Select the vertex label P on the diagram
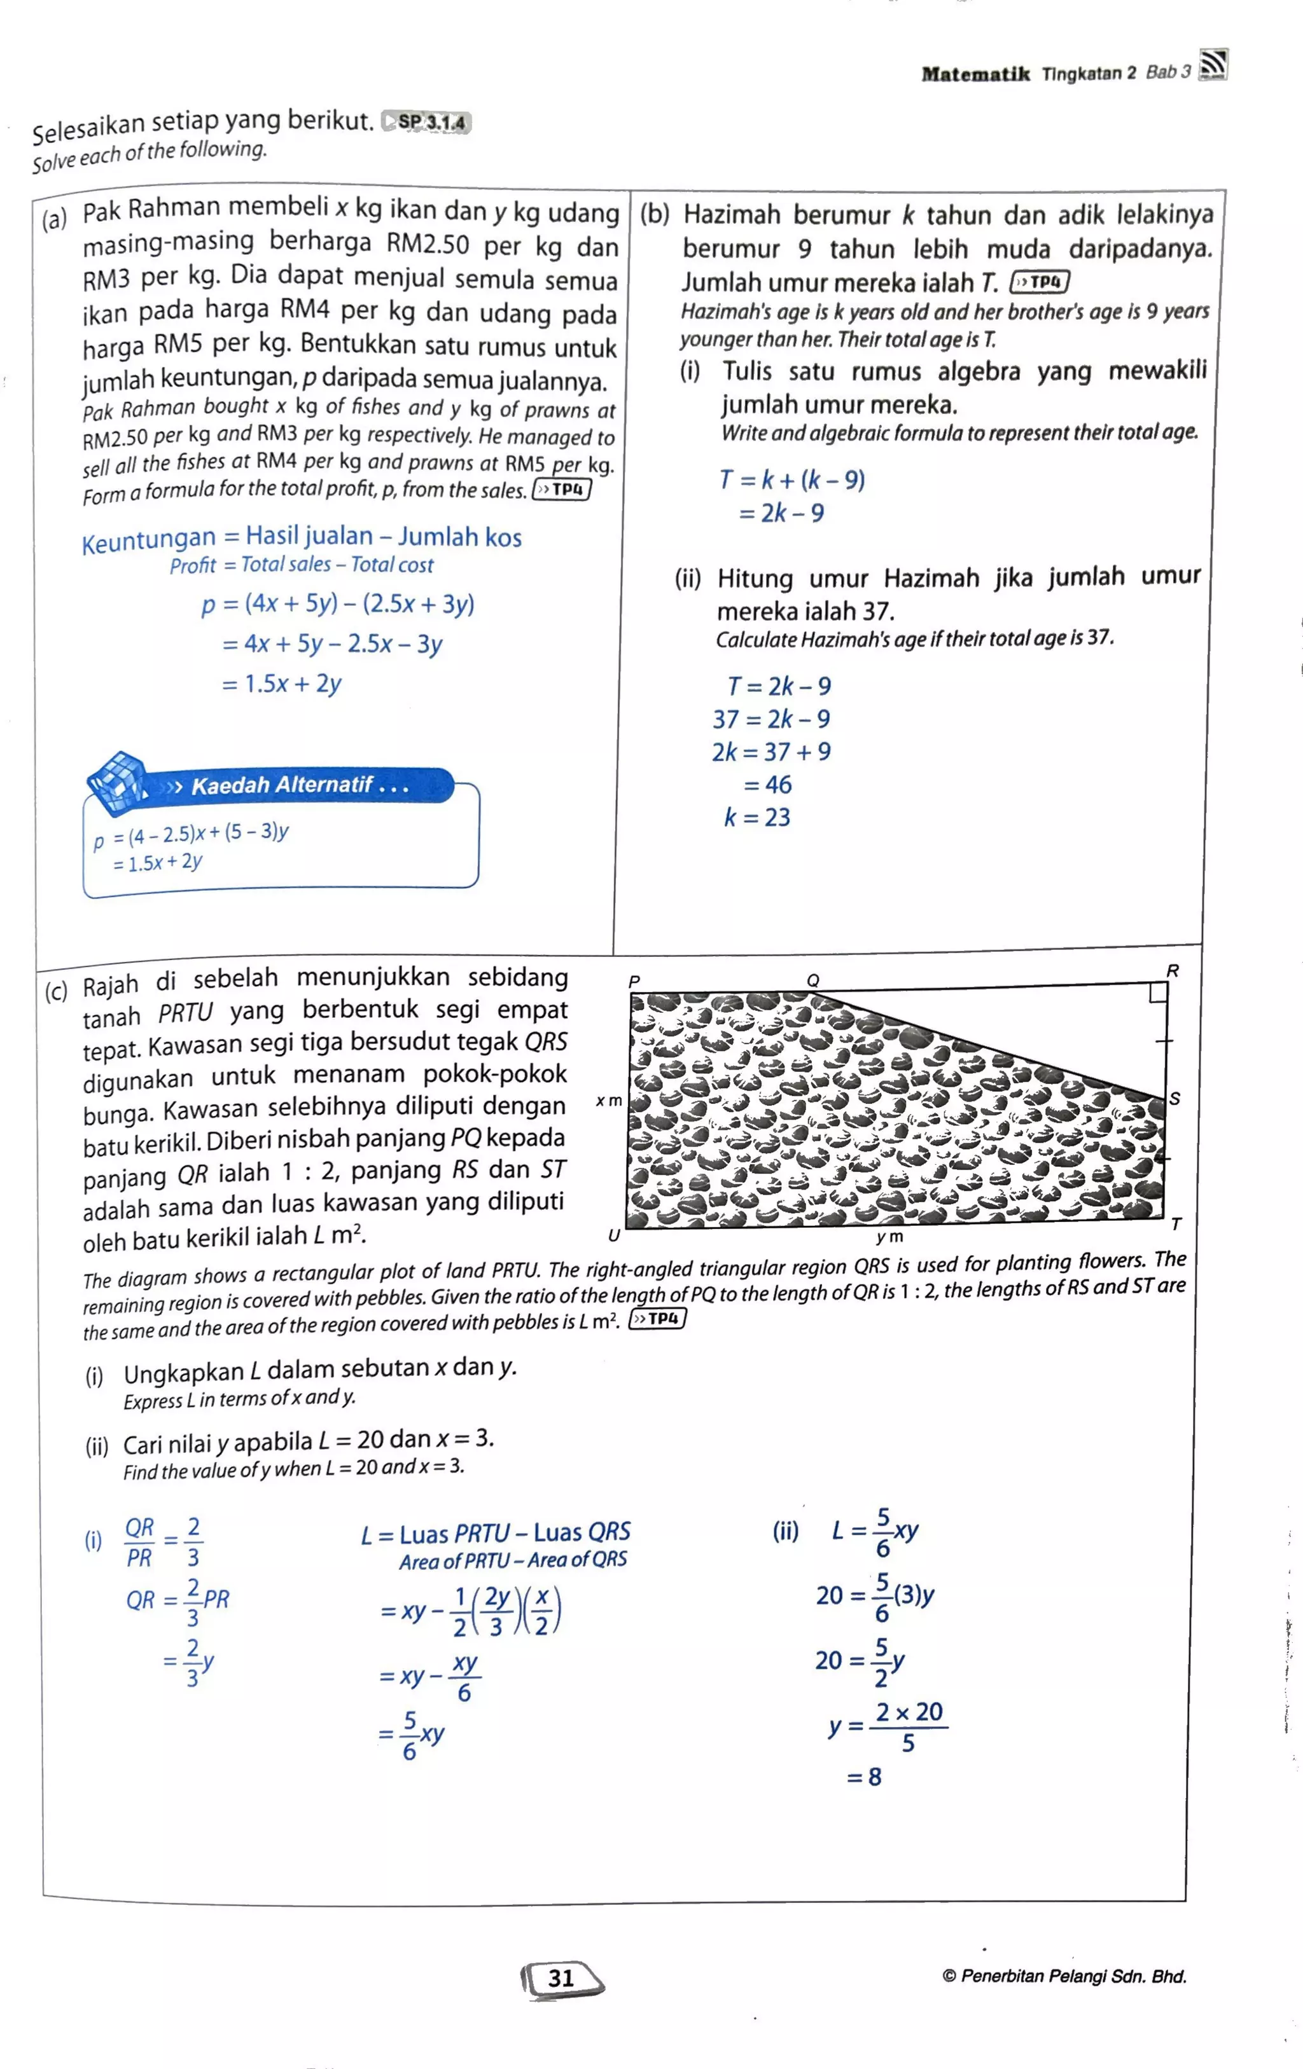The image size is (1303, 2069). (x=634, y=981)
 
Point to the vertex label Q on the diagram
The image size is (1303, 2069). (x=812, y=980)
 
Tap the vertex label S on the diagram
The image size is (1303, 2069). (x=1175, y=1098)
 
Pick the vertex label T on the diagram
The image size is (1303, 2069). (x=1176, y=1223)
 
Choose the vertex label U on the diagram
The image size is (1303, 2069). (x=614, y=1235)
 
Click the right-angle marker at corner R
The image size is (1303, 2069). (x=1158, y=993)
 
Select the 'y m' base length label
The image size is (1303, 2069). (x=889, y=1237)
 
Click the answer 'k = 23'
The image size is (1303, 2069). (x=756, y=817)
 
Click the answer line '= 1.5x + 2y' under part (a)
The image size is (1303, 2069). (x=281, y=684)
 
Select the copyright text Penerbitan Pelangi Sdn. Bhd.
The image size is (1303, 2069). (x=1064, y=1976)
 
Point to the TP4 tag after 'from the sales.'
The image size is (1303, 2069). (x=562, y=490)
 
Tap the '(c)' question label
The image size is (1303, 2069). (x=56, y=991)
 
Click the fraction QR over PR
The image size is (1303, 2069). (x=139, y=1543)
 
